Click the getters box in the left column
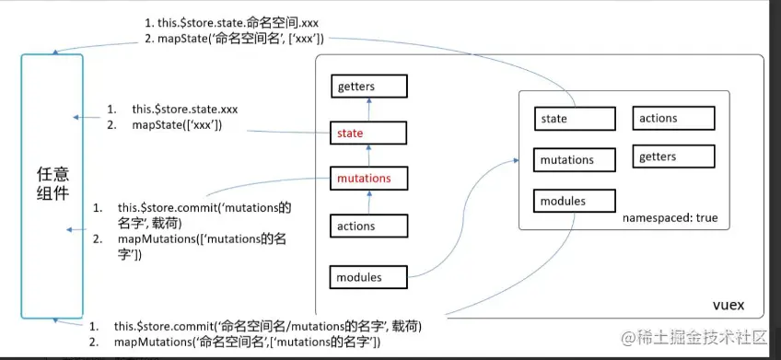369,87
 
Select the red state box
369,134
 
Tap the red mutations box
369,179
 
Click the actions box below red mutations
369,226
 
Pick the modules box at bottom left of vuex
369,276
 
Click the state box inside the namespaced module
574,119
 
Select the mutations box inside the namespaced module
574,160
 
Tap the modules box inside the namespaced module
574,201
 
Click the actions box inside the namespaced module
673,118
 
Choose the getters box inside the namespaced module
673,157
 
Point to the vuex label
728,304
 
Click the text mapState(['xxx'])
177,124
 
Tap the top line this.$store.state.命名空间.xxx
230,21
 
